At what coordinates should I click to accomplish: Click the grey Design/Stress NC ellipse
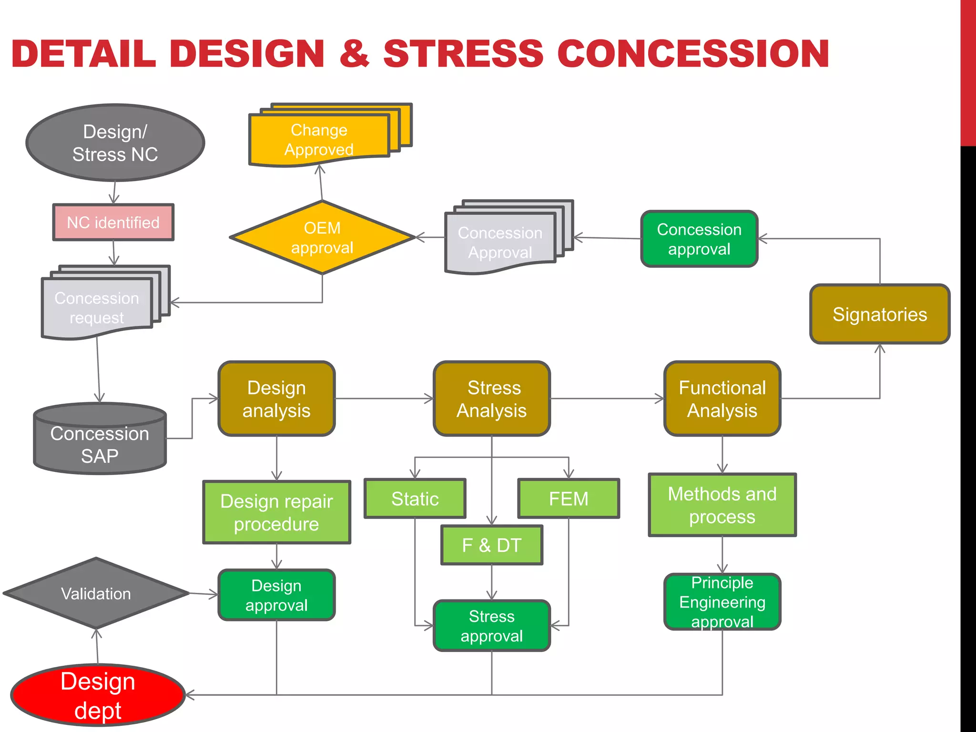coord(115,142)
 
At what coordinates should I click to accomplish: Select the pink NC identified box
coord(113,222)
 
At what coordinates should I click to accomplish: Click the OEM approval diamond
coord(322,237)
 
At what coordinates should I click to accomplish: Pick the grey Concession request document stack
coord(97,307)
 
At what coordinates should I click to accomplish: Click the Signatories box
coord(880,315)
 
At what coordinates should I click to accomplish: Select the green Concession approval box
coord(699,239)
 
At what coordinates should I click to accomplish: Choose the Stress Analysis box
coord(492,399)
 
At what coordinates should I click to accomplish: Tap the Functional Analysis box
coord(722,399)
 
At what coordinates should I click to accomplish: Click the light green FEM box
coord(569,499)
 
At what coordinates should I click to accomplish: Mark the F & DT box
coord(492,545)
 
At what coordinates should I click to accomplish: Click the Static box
coord(415,499)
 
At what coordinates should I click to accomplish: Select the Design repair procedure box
coord(276,512)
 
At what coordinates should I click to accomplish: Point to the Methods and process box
coord(722,505)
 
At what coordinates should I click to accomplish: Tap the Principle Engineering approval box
coord(722,602)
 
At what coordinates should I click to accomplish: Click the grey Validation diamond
coord(96,593)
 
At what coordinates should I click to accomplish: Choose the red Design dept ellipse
coord(98,695)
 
